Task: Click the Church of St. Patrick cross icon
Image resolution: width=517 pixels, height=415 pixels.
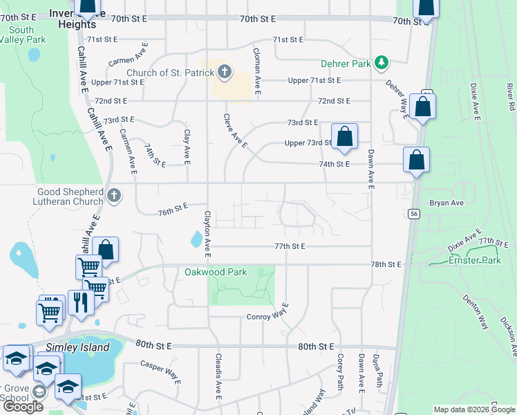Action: point(224,71)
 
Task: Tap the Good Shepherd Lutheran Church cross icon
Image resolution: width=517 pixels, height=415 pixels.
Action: point(115,196)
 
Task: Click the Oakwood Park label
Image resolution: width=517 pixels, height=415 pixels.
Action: point(216,272)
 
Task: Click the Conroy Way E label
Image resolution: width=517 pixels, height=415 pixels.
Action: point(267,317)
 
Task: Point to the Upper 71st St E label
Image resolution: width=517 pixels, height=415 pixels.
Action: point(314,80)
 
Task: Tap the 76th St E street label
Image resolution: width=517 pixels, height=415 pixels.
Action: point(172,207)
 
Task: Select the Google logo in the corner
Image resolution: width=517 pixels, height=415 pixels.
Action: point(23,407)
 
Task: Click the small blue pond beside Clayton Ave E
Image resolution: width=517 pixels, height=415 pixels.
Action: point(198,240)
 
